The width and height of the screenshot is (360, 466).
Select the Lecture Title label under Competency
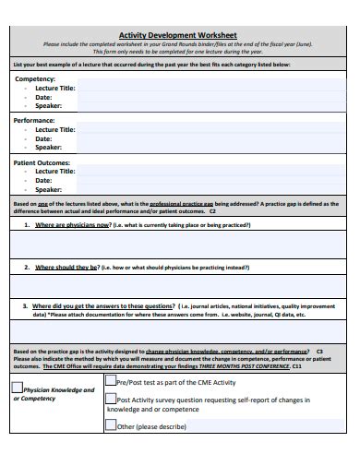click(54, 87)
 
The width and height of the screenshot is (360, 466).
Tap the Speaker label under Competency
click(48, 106)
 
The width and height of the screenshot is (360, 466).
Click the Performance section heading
click(35, 120)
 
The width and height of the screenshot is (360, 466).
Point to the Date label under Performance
click(43, 138)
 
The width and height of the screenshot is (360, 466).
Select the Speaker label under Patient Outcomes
click(48, 189)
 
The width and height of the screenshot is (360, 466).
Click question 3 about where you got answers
click(102, 305)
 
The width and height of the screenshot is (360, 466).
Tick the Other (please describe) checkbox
click(110, 426)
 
